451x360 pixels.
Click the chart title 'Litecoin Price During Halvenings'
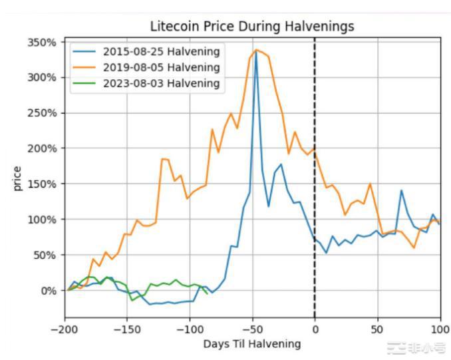[251, 27]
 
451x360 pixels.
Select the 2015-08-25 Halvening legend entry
[161, 51]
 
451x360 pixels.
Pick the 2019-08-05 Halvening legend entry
[161, 67]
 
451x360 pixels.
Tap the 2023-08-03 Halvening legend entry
[161, 83]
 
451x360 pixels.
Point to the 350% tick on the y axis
[41, 42]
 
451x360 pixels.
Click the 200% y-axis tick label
[41, 148]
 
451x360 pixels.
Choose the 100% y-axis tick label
[41, 220]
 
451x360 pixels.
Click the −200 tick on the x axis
[65, 328]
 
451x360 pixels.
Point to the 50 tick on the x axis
[377, 328]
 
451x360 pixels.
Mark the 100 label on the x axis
[439, 328]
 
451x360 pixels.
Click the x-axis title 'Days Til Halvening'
[251, 344]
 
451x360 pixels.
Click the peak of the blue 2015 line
[256, 51]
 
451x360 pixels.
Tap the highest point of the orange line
[256, 49]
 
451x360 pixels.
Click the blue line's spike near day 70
[401, 190]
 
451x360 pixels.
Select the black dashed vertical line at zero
[315, 200]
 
